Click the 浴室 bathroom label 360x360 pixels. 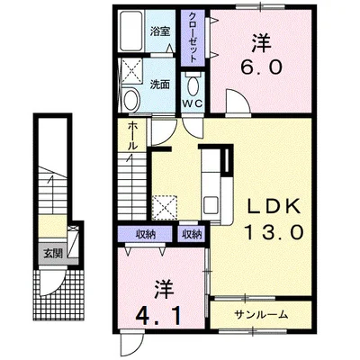coord(160,31)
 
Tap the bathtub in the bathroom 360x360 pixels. coord(131,31)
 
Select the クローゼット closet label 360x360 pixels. coord(193,37)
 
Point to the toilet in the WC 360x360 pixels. coord(193,85)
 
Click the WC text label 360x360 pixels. coord(193,103)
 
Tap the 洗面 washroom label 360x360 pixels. coord(159,85)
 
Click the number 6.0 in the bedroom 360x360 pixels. coord(261,67)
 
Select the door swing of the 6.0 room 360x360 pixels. coord(238,101)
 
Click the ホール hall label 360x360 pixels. coord(133,136)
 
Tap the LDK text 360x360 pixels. coord(274,206)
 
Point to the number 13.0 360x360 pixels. coord(274,232)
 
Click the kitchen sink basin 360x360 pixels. coord(211,205)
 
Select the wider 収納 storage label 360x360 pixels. coord(145,235)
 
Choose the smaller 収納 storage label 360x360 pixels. coord(193,235)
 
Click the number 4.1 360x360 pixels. coord(158,316)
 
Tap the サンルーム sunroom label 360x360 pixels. coord(261,315)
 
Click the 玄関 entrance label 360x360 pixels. coord(53,254)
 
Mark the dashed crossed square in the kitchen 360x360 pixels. coord(165,208)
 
